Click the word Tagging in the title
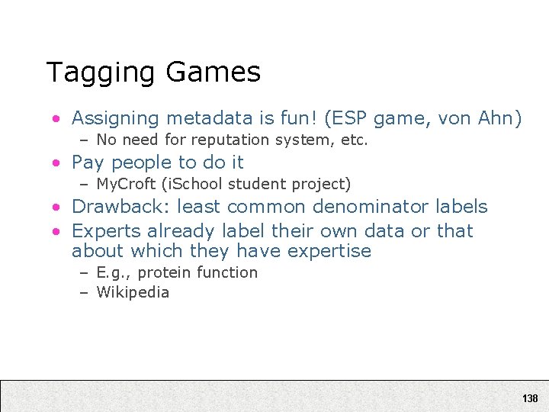point(101,73)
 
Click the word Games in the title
point(213,72)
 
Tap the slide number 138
point(530,398)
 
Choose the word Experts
point(105,230)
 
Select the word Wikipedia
point(133,293)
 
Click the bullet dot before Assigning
point(56,119)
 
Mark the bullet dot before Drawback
point(56,208)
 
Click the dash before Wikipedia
point(84,293)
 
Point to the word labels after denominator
point(461,207)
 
